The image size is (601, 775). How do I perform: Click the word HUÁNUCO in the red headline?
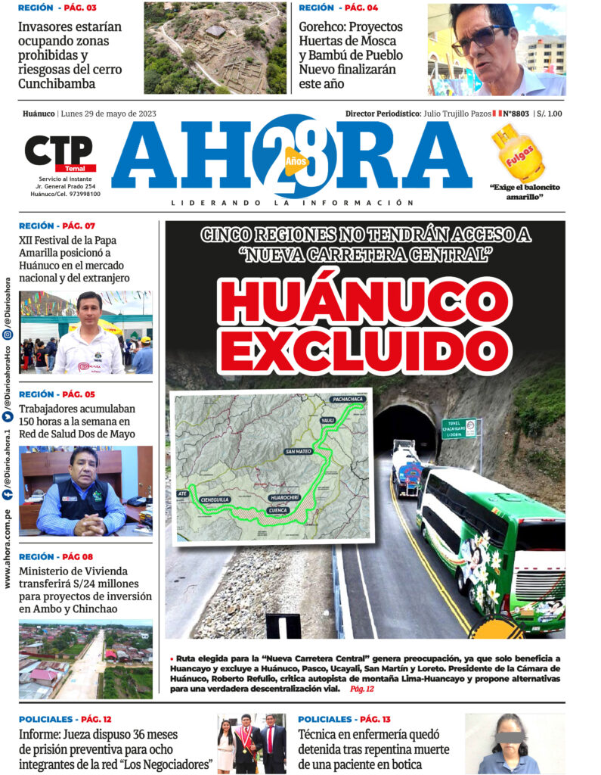364,299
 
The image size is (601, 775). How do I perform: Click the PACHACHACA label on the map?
347,399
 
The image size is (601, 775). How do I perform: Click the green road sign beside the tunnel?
460,428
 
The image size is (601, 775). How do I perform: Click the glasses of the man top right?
478,36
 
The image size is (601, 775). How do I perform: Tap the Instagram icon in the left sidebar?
8,334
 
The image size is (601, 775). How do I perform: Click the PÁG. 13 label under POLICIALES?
375,719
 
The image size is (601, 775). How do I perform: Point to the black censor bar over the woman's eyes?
502,733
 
